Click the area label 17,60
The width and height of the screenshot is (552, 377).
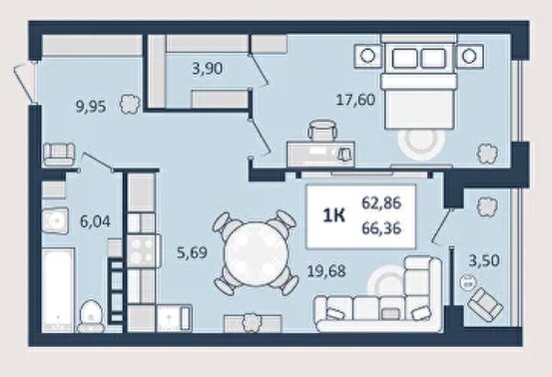pyautogui.click(x=355, y=100)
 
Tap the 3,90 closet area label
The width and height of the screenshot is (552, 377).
pyautogui.click(x=207, y=68)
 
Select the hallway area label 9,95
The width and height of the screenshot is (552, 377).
pyautogui.click(x=91, y=106)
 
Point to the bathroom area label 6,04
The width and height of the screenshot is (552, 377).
pyautogui.click(x=95, y=221)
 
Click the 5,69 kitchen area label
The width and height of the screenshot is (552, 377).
pyautogui.click(x=192, y=252)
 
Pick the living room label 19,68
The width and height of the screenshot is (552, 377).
pyautogui.click(x=326, y=271)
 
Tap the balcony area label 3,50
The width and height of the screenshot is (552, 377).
pyautogui.click(x=484, y=260)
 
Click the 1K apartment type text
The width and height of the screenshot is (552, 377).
pyautogui.click(x=334, y=215)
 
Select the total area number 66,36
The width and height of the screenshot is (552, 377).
pyautogui.click(x=381, y=228)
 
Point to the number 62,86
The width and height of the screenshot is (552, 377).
pyautogui.click(x=381, y=202)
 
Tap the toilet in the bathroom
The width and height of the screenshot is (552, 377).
pyautogui.click(x=91, y=316)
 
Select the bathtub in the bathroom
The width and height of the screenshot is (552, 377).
pyautogui.click(x=58, y=290)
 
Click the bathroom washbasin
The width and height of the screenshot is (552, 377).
pyautogui.click(x=55, y=220)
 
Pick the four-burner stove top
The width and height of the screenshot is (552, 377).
pyautogui.click(x=141, y=250)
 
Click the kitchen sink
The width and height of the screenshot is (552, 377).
pyautogui.click(x=174, y=318)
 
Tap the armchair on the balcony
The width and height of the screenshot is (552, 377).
pyautogui.click(x=485, y=304)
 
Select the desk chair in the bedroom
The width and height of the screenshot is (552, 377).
pyautogui.click(x=322, y=130)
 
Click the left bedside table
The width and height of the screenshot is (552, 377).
pyautogui.click(x=368, y=56)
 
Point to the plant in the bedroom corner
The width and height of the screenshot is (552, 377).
pyautogui.click(x=487, y=154)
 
